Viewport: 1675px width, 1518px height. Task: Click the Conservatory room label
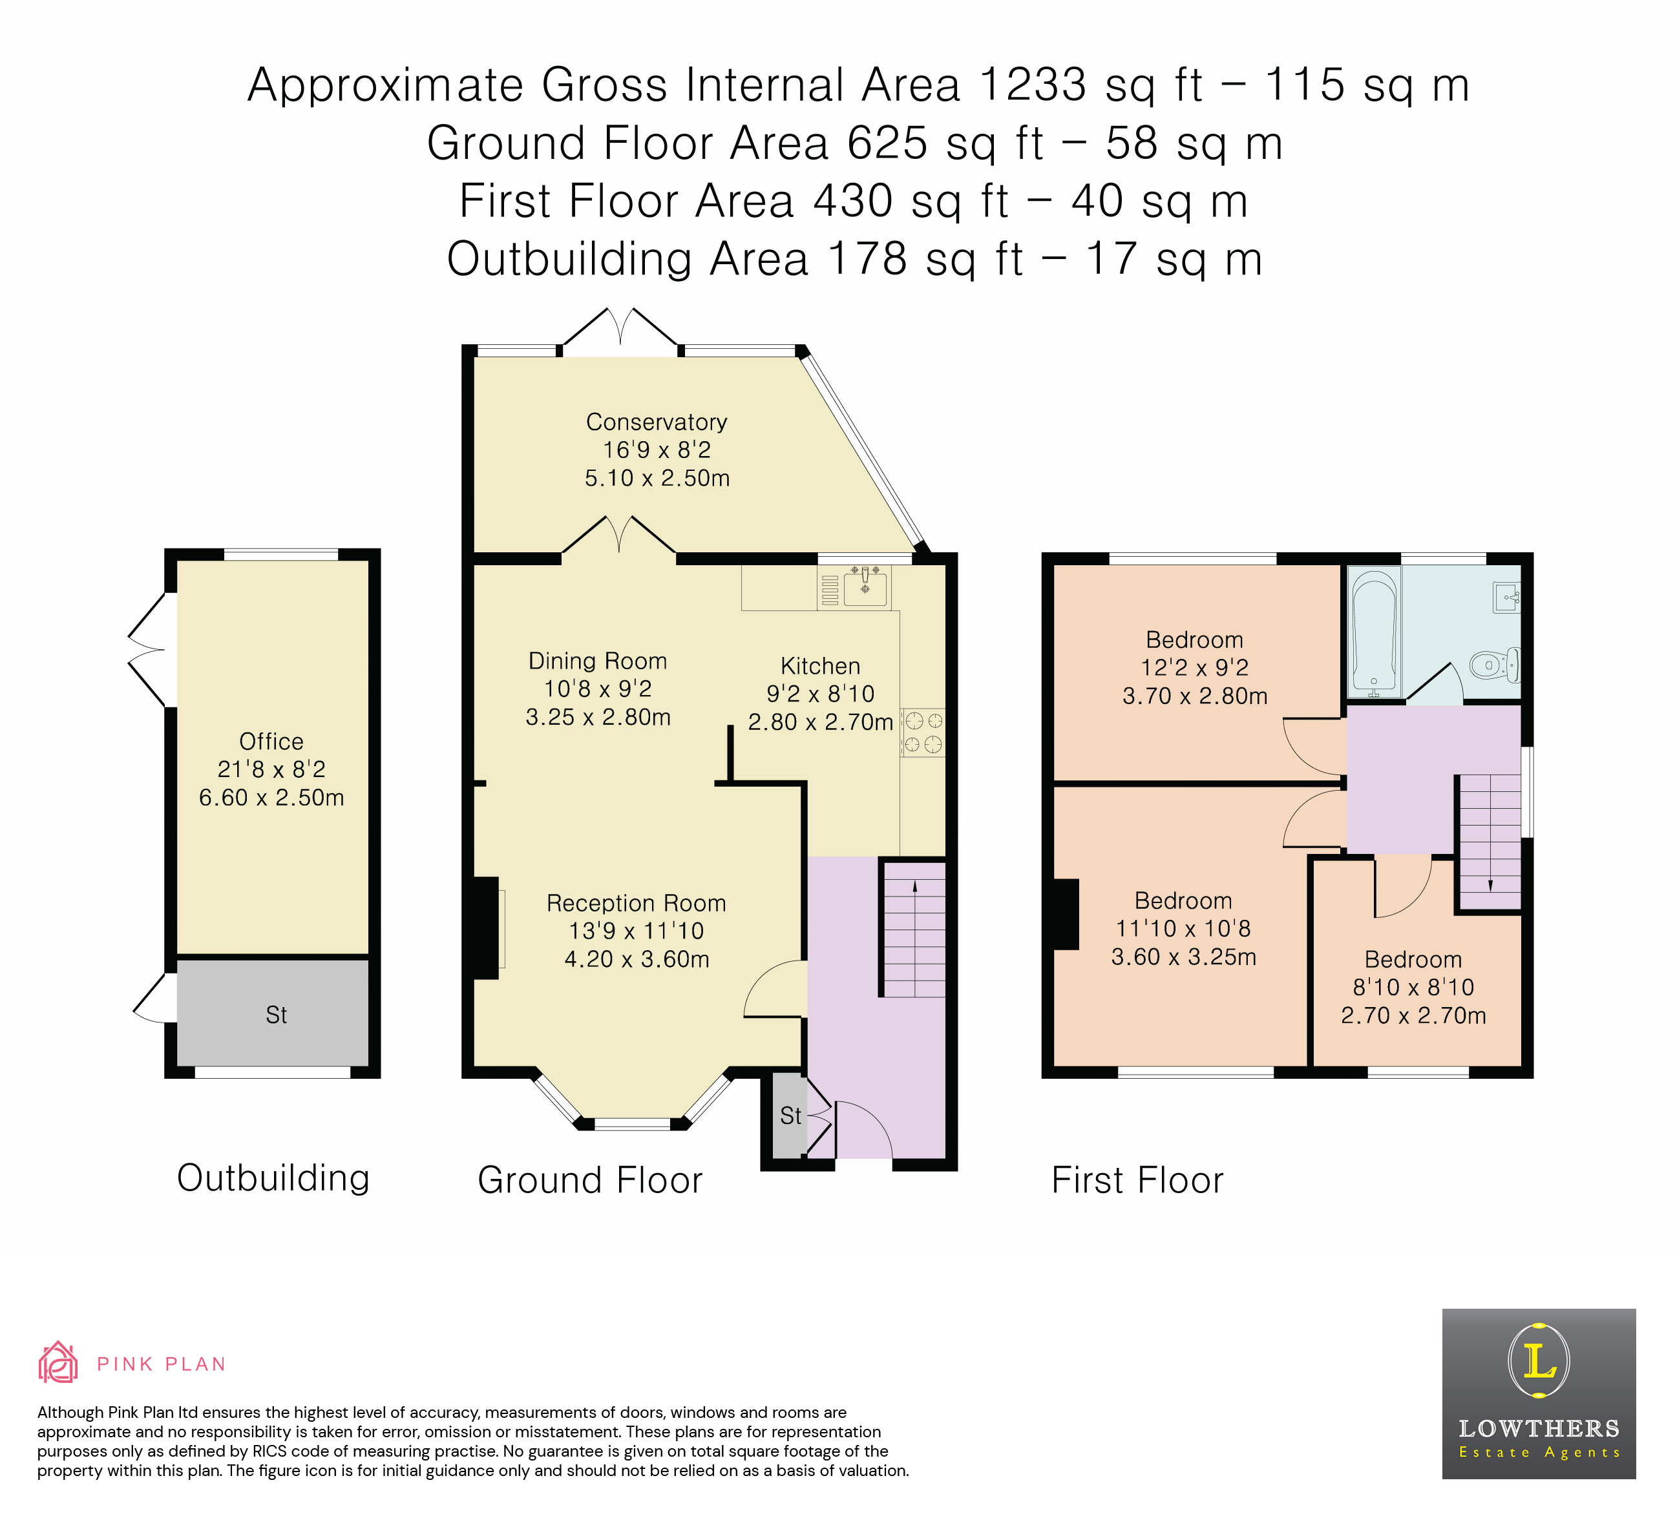pyautogui.click(x=657, y=422)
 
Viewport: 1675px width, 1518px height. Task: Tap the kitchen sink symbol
pyautogui.click(x=865, y=588)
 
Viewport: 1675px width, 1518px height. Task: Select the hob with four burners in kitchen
pyautogui.click(x=922, y=733)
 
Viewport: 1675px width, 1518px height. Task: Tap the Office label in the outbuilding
pyautogui.click(x=271, y=741)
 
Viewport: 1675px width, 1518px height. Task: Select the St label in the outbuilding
pyautogui.click(x=276, y=1015)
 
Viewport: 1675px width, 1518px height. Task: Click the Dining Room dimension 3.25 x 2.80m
pyautogui.click(x=598, y=716)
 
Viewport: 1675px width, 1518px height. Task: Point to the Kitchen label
pyautogui.click(x=820, y=666)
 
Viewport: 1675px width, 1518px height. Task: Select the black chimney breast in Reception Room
pyautogui.click(x=486, y=928)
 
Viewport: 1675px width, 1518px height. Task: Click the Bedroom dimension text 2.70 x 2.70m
pyautogui.click(x=1413, y=1015)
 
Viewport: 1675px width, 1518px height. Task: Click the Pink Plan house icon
pyautogui.click(x=58, y=1363)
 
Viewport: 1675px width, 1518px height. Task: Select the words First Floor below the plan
pyautogui.click(x=1137, y=1180)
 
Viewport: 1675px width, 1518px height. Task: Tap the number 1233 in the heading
pyautogui.click(x=1033, y=85)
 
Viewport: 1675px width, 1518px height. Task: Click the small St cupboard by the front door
pyautogui.click(x=789, y=1116)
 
